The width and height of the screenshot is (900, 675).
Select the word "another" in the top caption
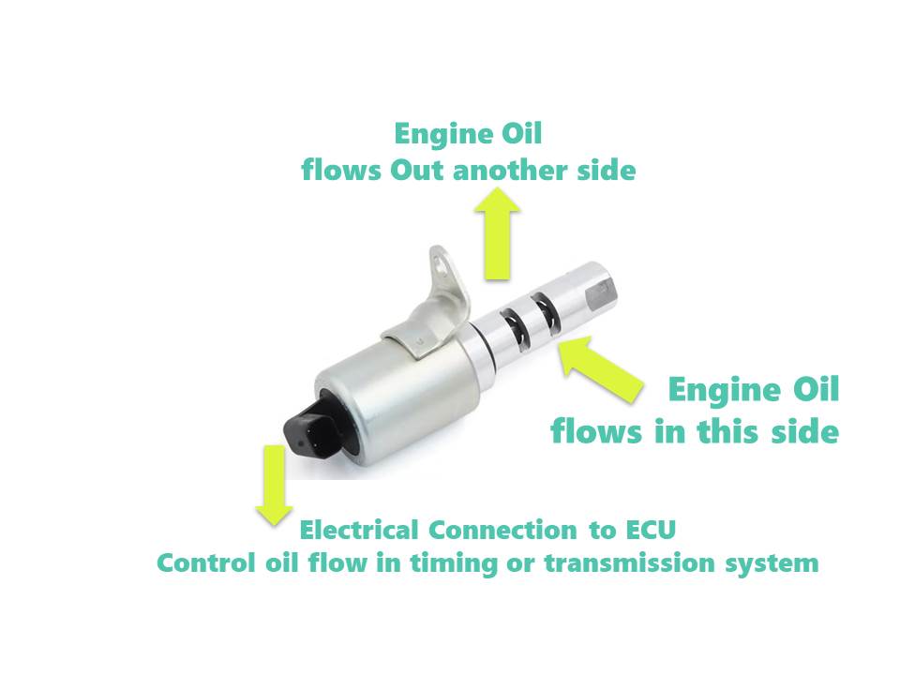click(x=507, y=172)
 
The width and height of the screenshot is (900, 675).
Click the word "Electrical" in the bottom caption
click(x=360, y=530)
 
